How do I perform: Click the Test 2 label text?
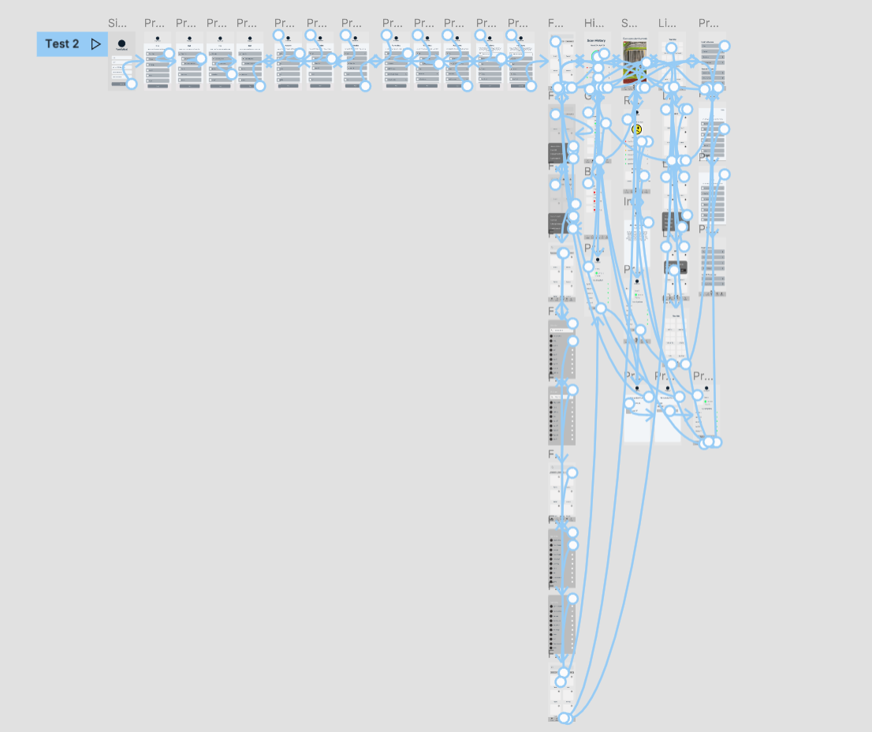[61, 44]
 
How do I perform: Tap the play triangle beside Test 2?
[96, 44]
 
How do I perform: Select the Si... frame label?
[117, 23]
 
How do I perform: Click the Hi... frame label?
[594, 23]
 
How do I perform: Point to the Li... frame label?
[667, 23]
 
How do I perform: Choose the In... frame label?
[632, 202]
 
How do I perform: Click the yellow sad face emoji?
[636, 129]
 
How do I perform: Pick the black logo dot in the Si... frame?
[121, 43]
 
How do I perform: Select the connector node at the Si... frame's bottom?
[132, 84]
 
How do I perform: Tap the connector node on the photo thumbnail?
[647, 62]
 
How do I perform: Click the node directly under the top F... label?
[556, 41]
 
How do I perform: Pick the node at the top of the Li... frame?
[671, 48]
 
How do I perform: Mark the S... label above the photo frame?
[629, 23]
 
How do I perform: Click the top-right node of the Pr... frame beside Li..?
[725, 46]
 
